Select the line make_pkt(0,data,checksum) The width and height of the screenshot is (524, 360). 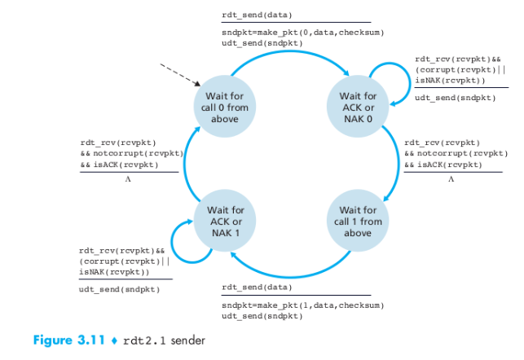pos(302,32)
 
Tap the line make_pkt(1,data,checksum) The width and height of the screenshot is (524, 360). pos(302,304)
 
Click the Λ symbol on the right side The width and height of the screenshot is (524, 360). pos(450,178)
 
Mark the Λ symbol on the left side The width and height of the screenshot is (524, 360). pos(127,178)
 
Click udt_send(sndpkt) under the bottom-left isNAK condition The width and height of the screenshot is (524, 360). pos(120,289)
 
